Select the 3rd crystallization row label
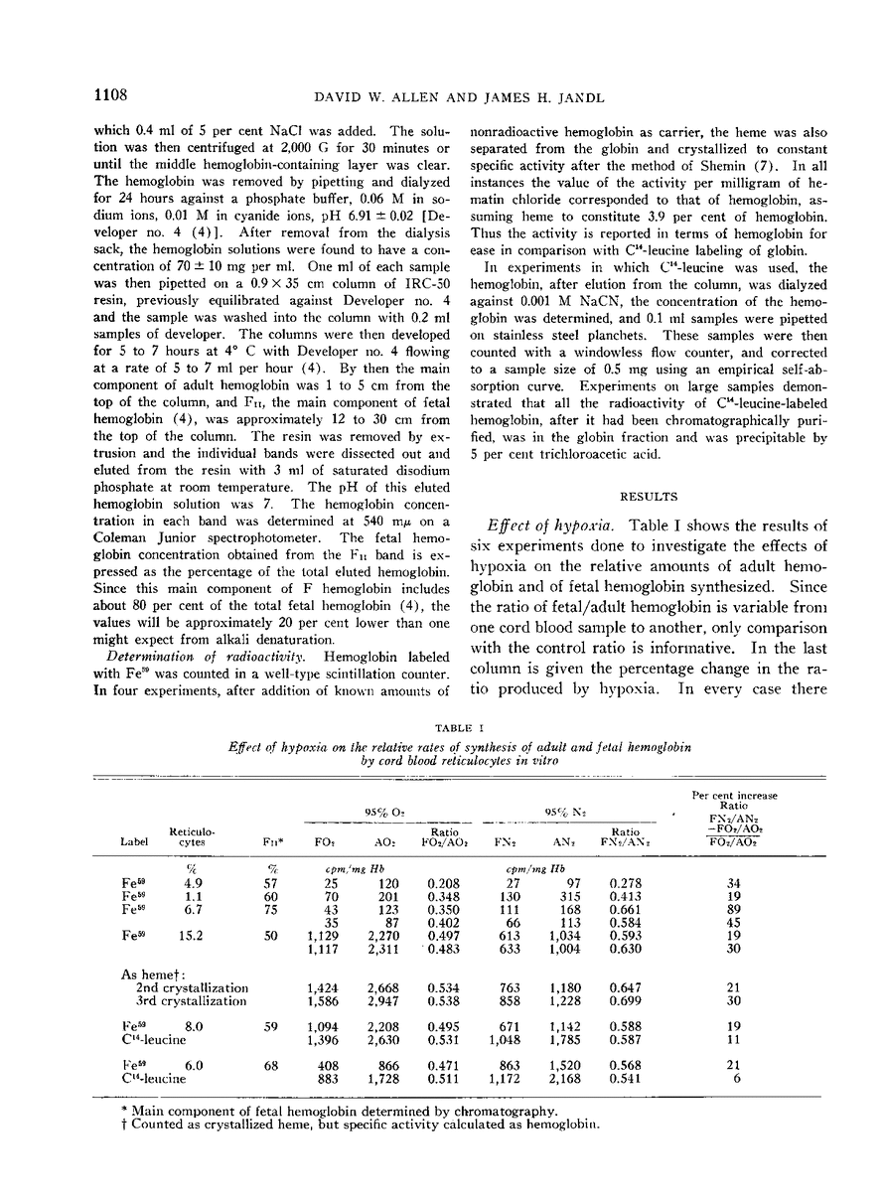click(191, 1001)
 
